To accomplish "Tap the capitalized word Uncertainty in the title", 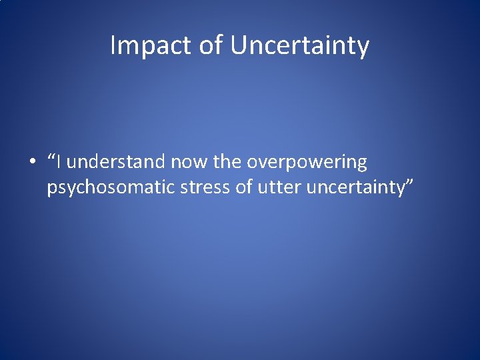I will pyautogui.click(x=300, y=46).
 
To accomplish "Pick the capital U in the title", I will pyautogui.click(x=237, y=45).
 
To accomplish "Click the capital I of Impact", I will pyautogui.click(x=113, y=45).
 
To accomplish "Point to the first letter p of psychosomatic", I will pyautogui.click(x=51, y=190).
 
